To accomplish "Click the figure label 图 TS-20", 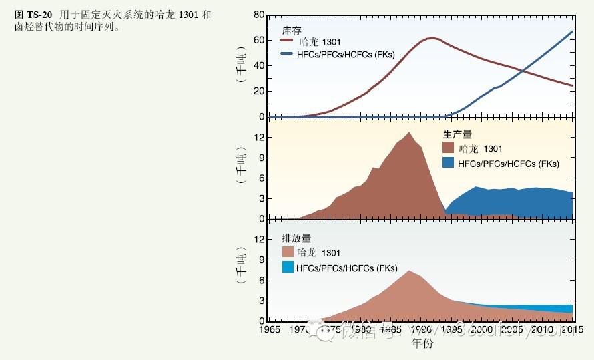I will pyautogui.click(x=33, y=15).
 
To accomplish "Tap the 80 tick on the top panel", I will pyautogui.click(x=259, y=15).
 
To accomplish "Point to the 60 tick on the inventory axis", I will pyautogui.click(x=259, y=40).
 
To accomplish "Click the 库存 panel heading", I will pyautogui.click(x=291, y=31).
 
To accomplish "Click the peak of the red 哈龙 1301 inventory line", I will pyautogui.click(x=432, y=38).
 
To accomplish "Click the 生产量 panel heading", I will pyautogui.click(x=457, y=135).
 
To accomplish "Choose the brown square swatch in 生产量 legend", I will pyautogui.click(x=448, y=148).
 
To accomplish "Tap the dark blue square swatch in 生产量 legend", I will pyautogui.click(x=448, y=163).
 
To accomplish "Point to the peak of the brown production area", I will pyautogui.click(x=409, y=132).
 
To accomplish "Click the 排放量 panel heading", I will pyautogui.click(x=296, y=238).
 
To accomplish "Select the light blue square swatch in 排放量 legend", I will pyautogui.click(x=288, y=267).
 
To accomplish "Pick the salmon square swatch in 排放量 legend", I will pyautogui.click(x=288, y=252).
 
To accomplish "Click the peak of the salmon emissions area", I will pyautogui.click(x=409, y=271).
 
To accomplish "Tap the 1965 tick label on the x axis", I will pyautogui.click(x=269, y=329).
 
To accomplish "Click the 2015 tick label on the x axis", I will pyautogui.click(x=572, y=329).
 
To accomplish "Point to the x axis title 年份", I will pyautogui.click(x=422, y=344).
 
